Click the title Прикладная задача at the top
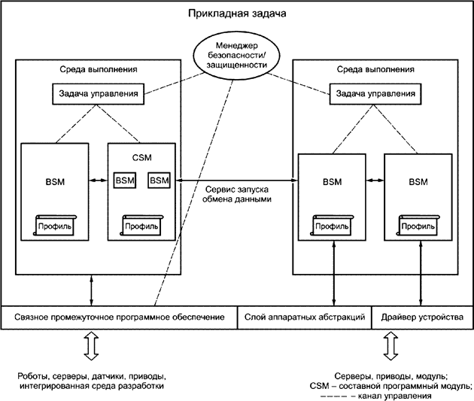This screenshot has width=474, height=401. point(236,14)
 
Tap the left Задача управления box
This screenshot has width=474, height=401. point(97,94)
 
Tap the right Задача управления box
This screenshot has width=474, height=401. point(374,94)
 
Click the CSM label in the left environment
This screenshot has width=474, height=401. point(143,159)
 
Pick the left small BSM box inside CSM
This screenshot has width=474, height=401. point(124,181)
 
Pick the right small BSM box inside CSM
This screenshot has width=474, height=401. point(159,181)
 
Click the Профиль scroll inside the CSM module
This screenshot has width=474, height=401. point(142,224)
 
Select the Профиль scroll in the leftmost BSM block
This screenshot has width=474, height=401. point(56,224)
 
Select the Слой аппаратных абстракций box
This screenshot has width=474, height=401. point(305,317)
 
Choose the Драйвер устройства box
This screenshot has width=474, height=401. point(422,317)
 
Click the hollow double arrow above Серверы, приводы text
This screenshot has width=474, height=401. point(390,348)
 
